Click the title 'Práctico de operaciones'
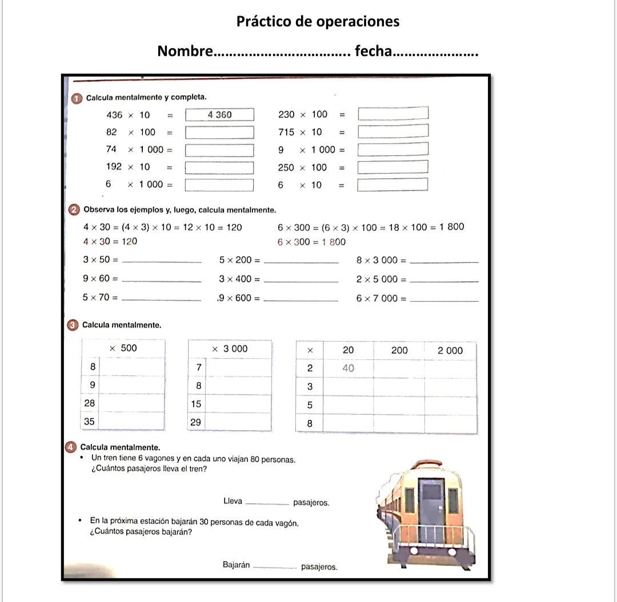tap(318, 22)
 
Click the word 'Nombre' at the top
tap(185, 51)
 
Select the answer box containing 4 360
tap(220, 115)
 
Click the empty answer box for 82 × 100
tap(220, 133)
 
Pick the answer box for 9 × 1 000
tap(393, 150)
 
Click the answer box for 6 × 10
tap(393, 185)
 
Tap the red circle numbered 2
tap(75, 210)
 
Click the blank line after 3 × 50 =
tap(162, 261)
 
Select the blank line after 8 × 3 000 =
tap(444, 261)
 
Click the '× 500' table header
tap(123, 348)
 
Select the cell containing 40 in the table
tap(348, 368)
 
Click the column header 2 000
tap(450, 351)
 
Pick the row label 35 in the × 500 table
tap(90, 422)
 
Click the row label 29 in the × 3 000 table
tap(196, 422)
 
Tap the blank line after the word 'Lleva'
tap(267, 503)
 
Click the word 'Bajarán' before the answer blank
tap(236, 565)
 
